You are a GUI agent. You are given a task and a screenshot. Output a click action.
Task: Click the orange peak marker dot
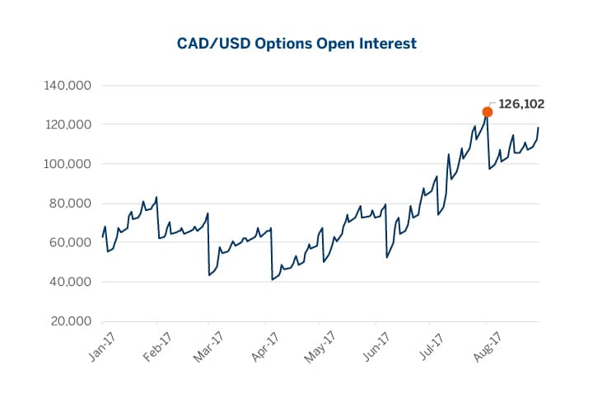click(488, 111)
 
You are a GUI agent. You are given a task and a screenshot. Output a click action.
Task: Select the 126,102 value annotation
click(521, 105)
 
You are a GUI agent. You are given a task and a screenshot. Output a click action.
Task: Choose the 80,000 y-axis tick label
click(68, 204)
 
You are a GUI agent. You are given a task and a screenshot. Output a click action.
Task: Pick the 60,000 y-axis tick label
click(68, 242)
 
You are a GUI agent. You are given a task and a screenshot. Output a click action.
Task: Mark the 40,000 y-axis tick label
click(68, 282)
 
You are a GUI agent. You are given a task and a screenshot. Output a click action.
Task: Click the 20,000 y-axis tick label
click(68, 321)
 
